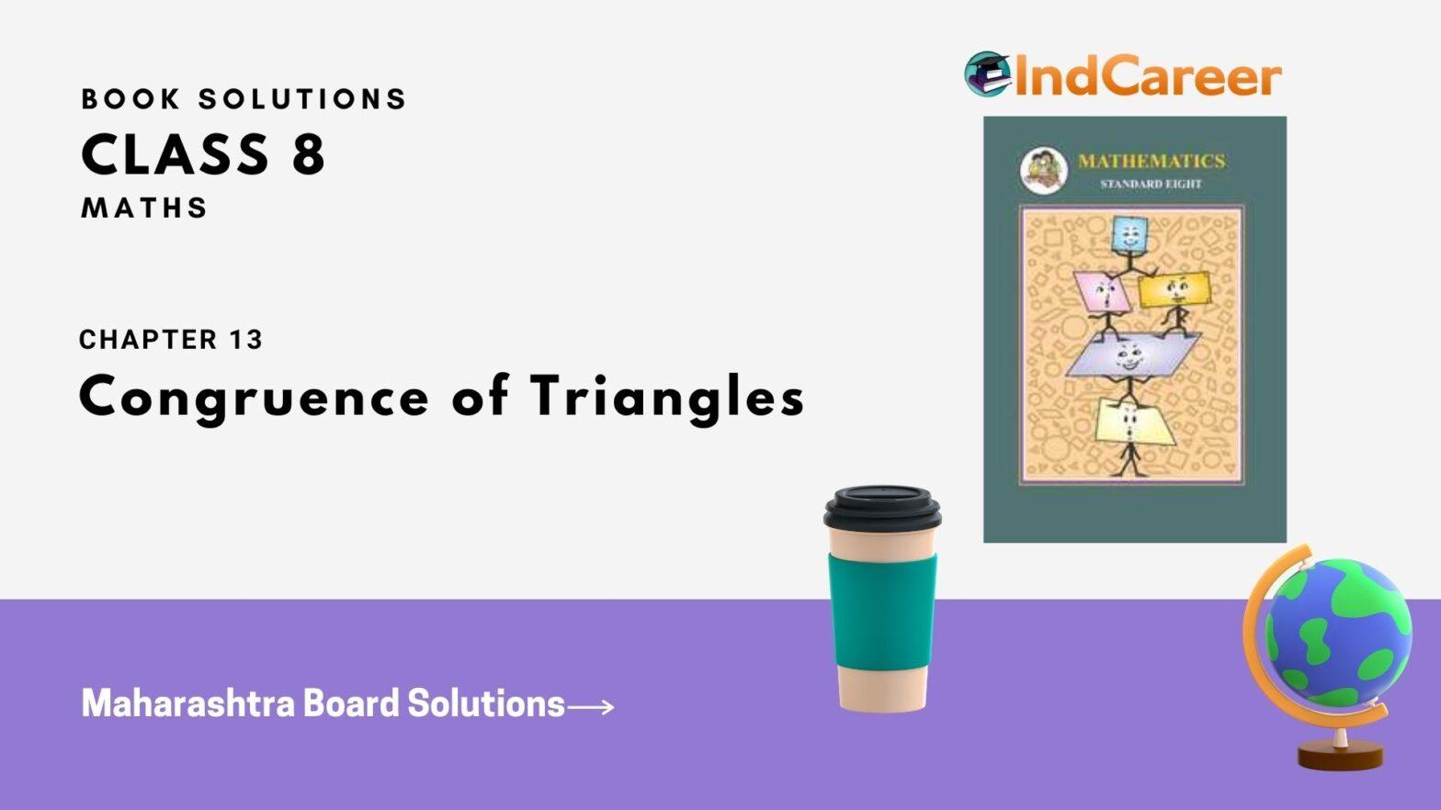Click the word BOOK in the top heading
coord(130,99)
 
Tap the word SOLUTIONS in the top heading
coord(302,99)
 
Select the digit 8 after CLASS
coord(309,154)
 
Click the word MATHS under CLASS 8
coord(144,208)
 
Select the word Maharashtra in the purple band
coord(187,703)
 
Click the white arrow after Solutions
coord(591,707)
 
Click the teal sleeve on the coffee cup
coord(882,612)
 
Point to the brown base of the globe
coord(1340,755)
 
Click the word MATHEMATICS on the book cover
coord(1152,161)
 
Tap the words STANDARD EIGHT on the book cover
coord(1151,185)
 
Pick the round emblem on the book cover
coord(1043,171)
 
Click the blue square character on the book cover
coord(1129,235)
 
